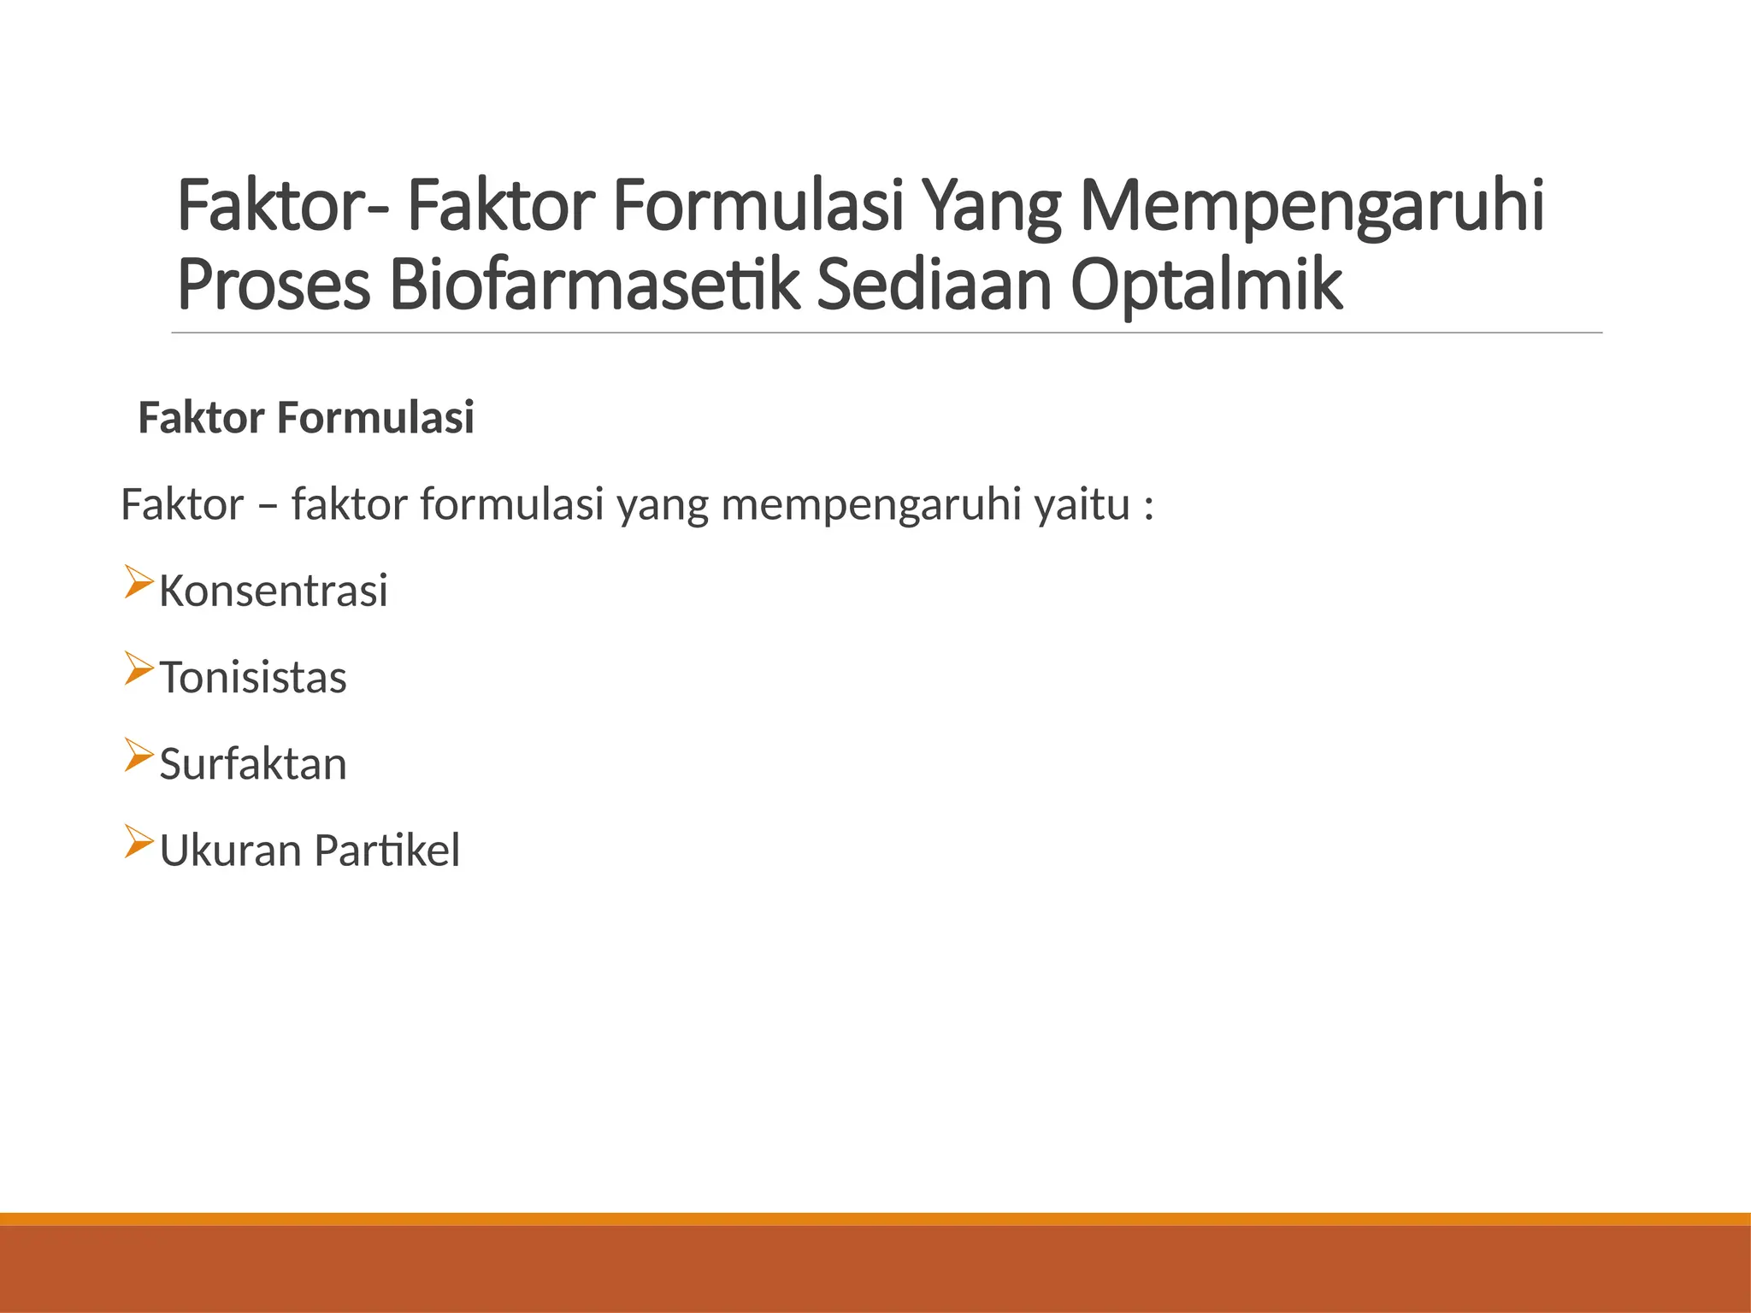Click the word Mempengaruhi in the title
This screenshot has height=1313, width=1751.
pos(1312,208)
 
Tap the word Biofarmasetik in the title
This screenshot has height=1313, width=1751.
pos(594,286)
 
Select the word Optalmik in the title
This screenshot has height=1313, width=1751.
pos(1206,286)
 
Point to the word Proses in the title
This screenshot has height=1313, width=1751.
pos(274,286)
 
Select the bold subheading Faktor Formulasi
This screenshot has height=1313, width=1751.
pos(305,419)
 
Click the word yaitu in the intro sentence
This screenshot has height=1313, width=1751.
pos(1082,504)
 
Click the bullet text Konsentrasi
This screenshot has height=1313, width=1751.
pos(273,592)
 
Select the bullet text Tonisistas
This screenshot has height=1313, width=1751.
pos(253,678)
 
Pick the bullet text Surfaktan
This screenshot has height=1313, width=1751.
pos(253,764)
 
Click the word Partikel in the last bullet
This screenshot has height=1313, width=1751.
pos(386,851)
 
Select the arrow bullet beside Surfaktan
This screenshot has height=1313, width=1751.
pos(137,755)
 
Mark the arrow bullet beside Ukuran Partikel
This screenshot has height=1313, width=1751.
pos(137,841)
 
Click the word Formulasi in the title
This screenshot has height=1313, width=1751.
pos(758,208)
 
